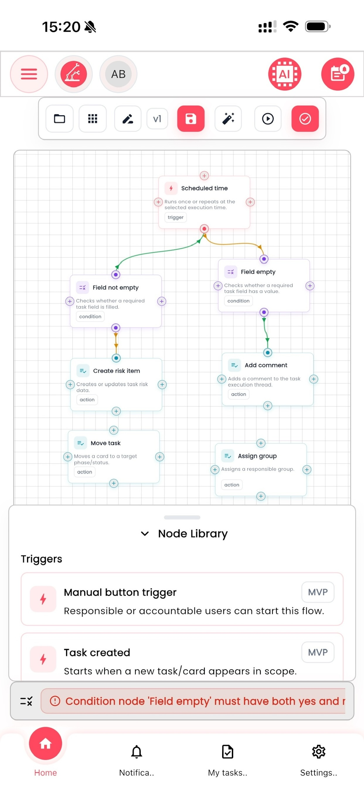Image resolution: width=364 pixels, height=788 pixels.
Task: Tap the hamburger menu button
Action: [x=29, y=74]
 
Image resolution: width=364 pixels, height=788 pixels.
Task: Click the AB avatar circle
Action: [x=118, y=74]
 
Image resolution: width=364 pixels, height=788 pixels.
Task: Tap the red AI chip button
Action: [x=285, y=74]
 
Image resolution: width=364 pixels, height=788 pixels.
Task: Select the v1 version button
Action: [x=157, y=119]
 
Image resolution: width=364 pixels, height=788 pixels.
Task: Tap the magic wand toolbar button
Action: [x=228, y=119]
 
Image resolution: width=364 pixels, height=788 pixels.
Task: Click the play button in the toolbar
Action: [x=268, y=119]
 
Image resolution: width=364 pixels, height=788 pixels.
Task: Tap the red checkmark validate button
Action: [x=305, y=119]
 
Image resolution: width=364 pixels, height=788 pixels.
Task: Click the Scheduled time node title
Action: [x=204, y=188]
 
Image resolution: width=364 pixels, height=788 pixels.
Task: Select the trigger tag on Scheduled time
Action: [x=176, y=217]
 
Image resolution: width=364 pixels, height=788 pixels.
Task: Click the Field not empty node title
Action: [x=116, y=288]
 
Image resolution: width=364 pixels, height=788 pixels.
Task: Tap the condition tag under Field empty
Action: [x=238, y=301]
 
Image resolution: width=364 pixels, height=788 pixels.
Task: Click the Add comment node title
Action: [x=266, y=365]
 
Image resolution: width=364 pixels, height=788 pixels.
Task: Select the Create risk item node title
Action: [x=117, y=371]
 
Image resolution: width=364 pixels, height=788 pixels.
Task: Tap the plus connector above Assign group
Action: [x=261, y=443]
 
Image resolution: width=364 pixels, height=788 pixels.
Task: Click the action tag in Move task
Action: [x=85, y=472]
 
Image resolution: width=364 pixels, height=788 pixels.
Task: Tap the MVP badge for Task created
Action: [x=318, y=652]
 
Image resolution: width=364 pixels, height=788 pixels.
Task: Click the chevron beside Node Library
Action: [x=145, y=534]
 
